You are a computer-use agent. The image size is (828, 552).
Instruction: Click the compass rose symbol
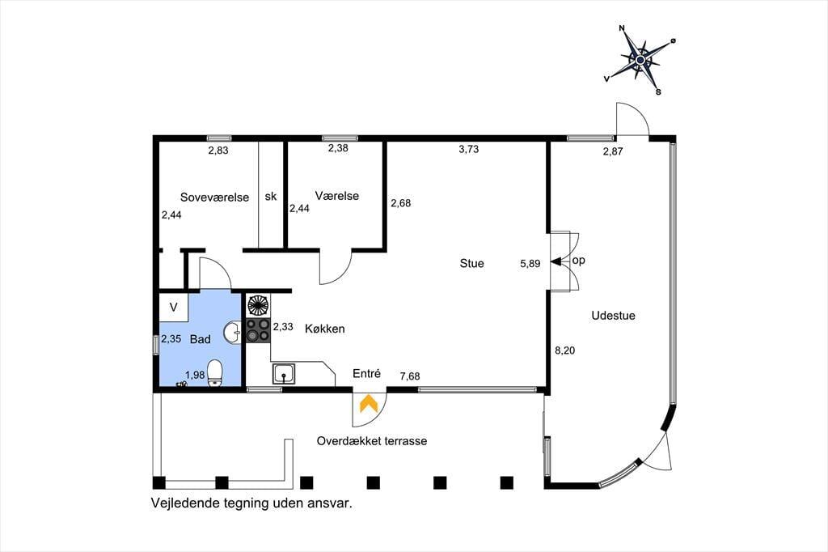[x=640, y=60]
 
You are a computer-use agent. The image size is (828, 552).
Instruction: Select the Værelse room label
[x=336, y=196]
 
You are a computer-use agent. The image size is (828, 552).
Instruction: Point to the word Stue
[x=471, y=263]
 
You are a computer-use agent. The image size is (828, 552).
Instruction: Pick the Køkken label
[x=325, y=329]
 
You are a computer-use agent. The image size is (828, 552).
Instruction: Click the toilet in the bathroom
[x=214, y=373]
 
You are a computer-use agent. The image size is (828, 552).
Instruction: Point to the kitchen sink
[x=284, y=373]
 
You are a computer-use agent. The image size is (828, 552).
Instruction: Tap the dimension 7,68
[x=410, y=376]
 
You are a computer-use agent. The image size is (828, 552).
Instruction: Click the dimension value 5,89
[x=530, y=263]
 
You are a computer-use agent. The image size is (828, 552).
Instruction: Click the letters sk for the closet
[x=270, y=197]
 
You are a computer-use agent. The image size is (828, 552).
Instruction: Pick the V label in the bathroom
[x=173, y=308]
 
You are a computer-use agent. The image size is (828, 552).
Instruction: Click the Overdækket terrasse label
[x=371, y=441]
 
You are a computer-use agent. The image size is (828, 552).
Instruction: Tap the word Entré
[x=366, y=374]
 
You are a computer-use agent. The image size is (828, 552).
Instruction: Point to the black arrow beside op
[x=556, y=261]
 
